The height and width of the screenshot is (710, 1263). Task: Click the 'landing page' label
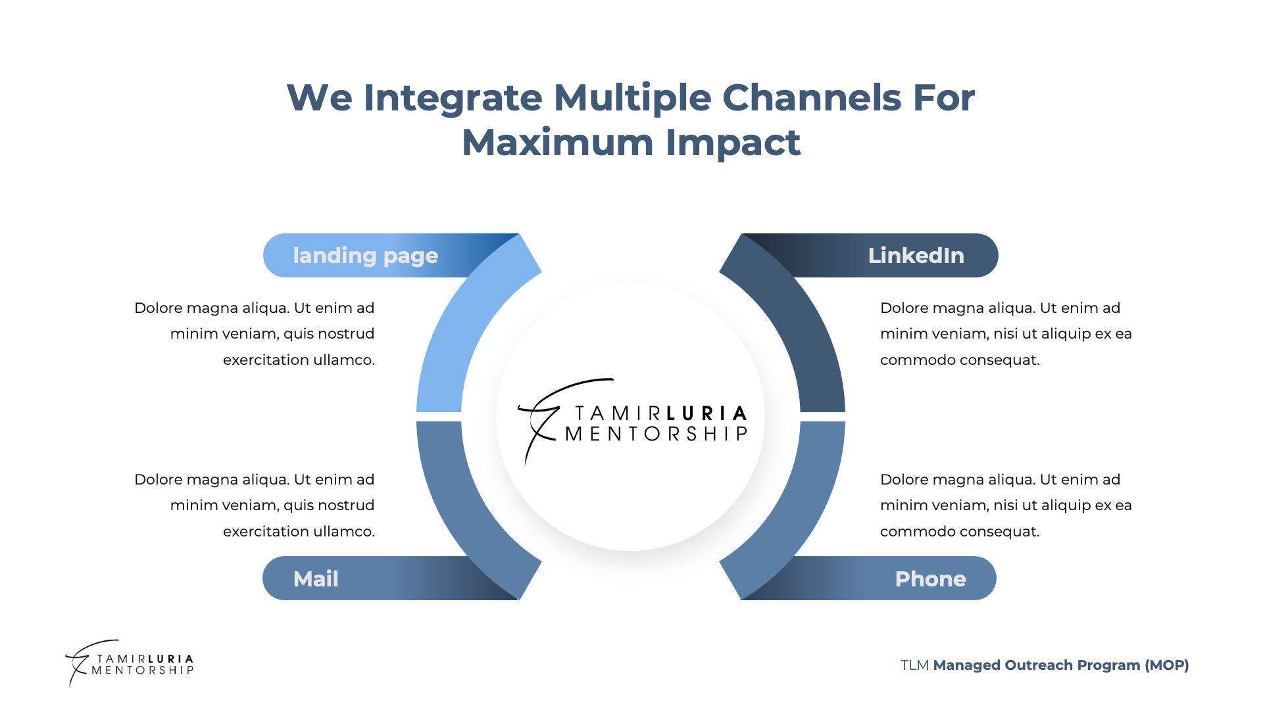365,256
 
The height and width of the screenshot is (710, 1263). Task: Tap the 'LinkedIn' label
916,256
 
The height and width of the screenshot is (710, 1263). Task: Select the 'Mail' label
316,579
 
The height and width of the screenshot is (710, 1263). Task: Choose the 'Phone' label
930,579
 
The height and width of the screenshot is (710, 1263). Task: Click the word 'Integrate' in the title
453,98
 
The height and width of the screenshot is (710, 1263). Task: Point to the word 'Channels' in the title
812,98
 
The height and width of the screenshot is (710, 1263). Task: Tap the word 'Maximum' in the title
558,143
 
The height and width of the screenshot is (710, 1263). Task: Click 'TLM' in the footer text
914,665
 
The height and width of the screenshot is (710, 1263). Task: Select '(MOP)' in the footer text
1167,665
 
